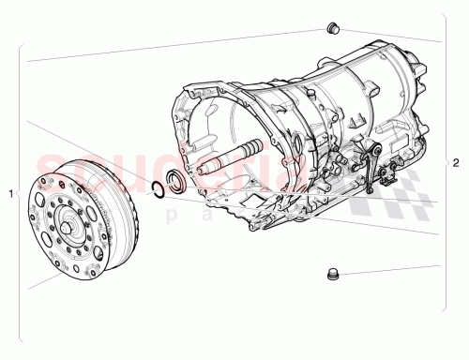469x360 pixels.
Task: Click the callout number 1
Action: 10,193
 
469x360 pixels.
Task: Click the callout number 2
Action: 457,161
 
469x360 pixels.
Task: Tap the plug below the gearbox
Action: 330,275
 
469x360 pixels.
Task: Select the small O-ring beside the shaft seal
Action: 160,191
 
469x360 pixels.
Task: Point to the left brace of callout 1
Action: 20,193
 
